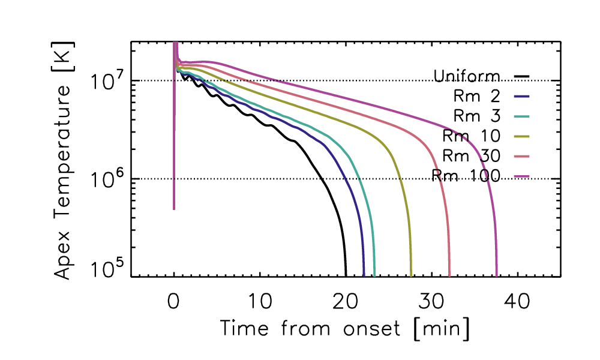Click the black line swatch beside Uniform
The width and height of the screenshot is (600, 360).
[x=522, y=76]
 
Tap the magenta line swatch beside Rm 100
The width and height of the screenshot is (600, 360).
[x=522, y=176]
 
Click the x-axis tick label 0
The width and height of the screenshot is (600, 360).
[x=174, y=302]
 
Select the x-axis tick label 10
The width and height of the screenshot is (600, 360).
[x=259, y=302]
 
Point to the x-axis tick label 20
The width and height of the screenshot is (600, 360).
[x=345, y=302]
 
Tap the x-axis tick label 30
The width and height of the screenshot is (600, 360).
[x=431, y=302]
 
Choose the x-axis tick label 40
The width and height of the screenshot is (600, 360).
[x=517, y=302]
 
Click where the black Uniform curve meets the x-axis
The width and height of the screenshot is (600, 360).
[x=346, y=275]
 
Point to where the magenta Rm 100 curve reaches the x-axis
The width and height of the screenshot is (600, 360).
[x=497, y=275]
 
